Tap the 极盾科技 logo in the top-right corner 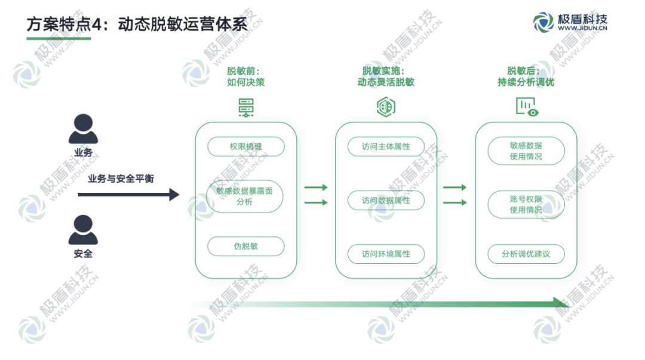570,23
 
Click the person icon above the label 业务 83,129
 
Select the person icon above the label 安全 83,230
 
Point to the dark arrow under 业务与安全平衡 128,194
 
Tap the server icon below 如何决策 245,107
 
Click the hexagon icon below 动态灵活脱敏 386,107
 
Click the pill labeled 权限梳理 245,146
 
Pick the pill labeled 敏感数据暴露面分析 245,196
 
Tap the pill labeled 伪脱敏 245,246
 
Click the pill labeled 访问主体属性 386,146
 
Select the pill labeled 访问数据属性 386,201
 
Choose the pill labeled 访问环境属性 386,253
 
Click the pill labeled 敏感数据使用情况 526,151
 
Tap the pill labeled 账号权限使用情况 526,205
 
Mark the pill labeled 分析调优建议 526,253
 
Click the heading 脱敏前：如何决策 245,76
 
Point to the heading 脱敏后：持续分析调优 526,76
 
